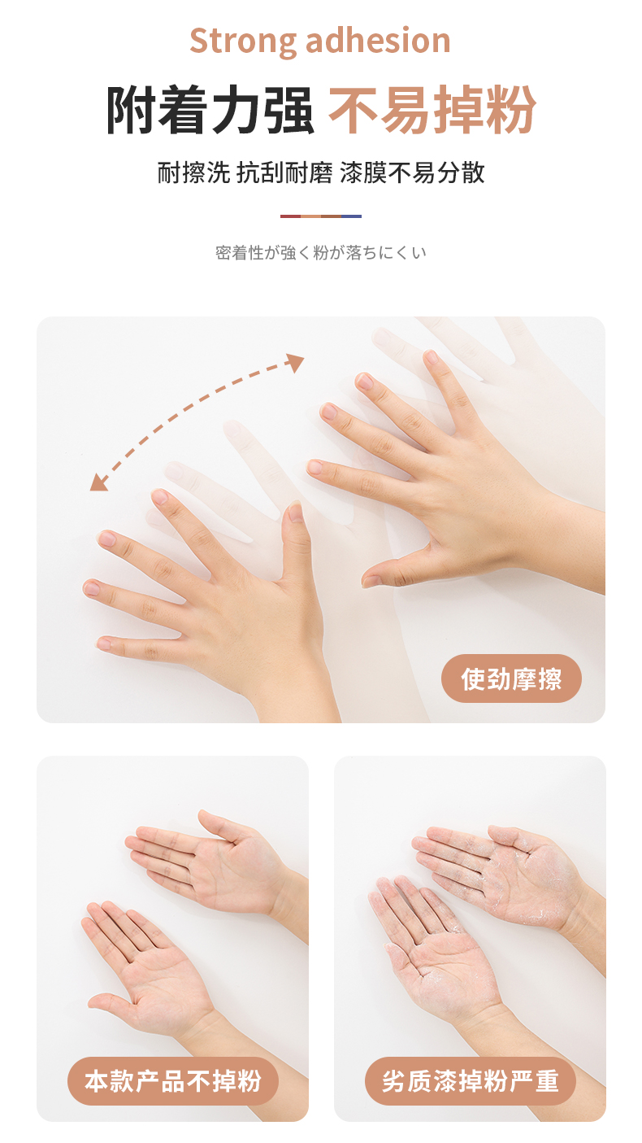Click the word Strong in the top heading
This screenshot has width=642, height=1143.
pos(242,41)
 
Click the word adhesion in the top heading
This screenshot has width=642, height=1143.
pos(378,41)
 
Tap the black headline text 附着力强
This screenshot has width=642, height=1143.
pos(210,110)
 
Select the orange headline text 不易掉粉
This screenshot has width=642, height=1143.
pos(432,110)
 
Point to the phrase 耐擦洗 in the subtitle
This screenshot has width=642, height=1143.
pos(193,172)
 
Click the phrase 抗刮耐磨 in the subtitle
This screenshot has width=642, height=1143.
pos(284,172)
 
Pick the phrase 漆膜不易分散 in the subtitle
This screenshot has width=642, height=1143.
pos(412,172)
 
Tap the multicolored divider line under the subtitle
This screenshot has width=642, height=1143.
pos(321,216)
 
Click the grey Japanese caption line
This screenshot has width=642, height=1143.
pos(321,252)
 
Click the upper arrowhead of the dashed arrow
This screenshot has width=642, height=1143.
pos(295,362)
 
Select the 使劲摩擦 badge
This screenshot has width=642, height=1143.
pos(511,678)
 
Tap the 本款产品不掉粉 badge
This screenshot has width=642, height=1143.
pos(173,1081)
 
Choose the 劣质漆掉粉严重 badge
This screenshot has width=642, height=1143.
pos(471,1081)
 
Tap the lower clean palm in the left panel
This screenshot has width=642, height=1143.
pos(153,970)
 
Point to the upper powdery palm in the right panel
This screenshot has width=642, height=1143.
pos(505,867)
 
